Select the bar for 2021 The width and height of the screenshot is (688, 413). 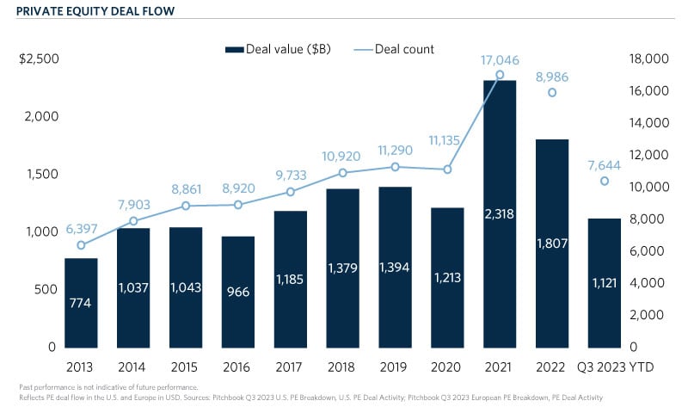tap(500, 215)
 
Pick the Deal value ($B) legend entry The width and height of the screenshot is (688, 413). tap(289, 49)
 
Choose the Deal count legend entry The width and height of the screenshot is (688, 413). tap(404, 49)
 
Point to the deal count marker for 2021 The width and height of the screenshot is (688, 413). tap(500, 75)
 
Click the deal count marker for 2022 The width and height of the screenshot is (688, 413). tap(552, 93)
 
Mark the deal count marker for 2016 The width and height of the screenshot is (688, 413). tap(238, 205)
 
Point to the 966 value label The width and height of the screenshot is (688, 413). tap(238, 292)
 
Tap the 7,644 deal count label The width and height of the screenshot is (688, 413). tap(605, 163)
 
